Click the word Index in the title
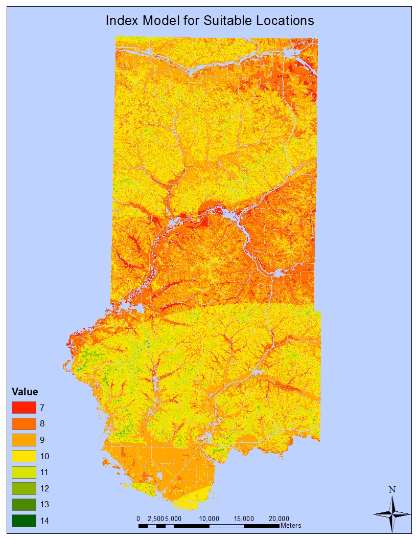[118, 21]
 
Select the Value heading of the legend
[25, 392]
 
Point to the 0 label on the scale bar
[138, 518]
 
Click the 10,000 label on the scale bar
[210, 518]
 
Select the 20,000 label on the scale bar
[280, 518]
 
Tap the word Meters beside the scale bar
[291, 525]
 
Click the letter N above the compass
[392, 489]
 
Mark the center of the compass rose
[392, 513]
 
